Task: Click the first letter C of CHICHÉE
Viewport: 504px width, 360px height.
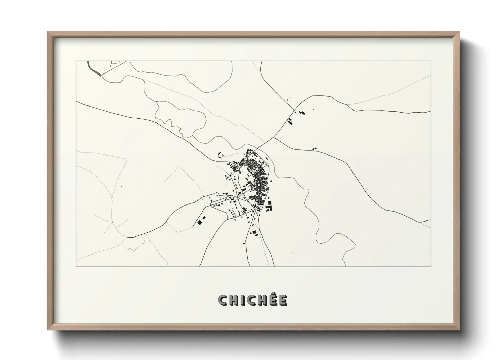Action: click(x=223, y=300)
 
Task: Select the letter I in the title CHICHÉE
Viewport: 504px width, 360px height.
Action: click(x=242, y=300)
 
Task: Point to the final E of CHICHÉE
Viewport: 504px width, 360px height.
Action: click(x=283, y=300)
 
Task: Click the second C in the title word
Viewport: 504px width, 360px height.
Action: click(x=251, y=300)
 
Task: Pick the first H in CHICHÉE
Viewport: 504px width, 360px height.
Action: click(x=233, y=300)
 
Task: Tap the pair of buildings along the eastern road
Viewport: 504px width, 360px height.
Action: click(x=314, y=149)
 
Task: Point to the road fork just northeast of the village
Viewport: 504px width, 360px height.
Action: click(x=273, y=138)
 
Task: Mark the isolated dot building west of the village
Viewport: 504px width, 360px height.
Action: click(x=122, y=186)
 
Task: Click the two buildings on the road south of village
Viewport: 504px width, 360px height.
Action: click(x=253, y=233)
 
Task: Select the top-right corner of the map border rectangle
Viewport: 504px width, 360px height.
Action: click(x=431, y=61)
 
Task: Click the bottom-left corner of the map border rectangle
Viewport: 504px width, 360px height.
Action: click(x=76, y=266)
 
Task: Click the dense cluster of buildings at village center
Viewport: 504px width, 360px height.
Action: click(x=254, y=170)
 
